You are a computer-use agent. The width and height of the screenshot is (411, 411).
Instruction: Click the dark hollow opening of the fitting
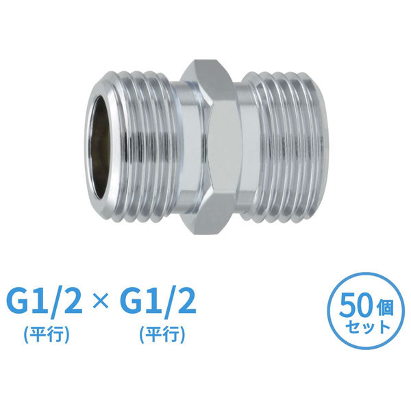pos(100,147)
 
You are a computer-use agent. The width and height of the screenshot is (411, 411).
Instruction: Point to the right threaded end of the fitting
pos(285,147)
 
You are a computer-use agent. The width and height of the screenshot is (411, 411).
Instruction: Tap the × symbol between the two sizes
pos(101,301)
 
